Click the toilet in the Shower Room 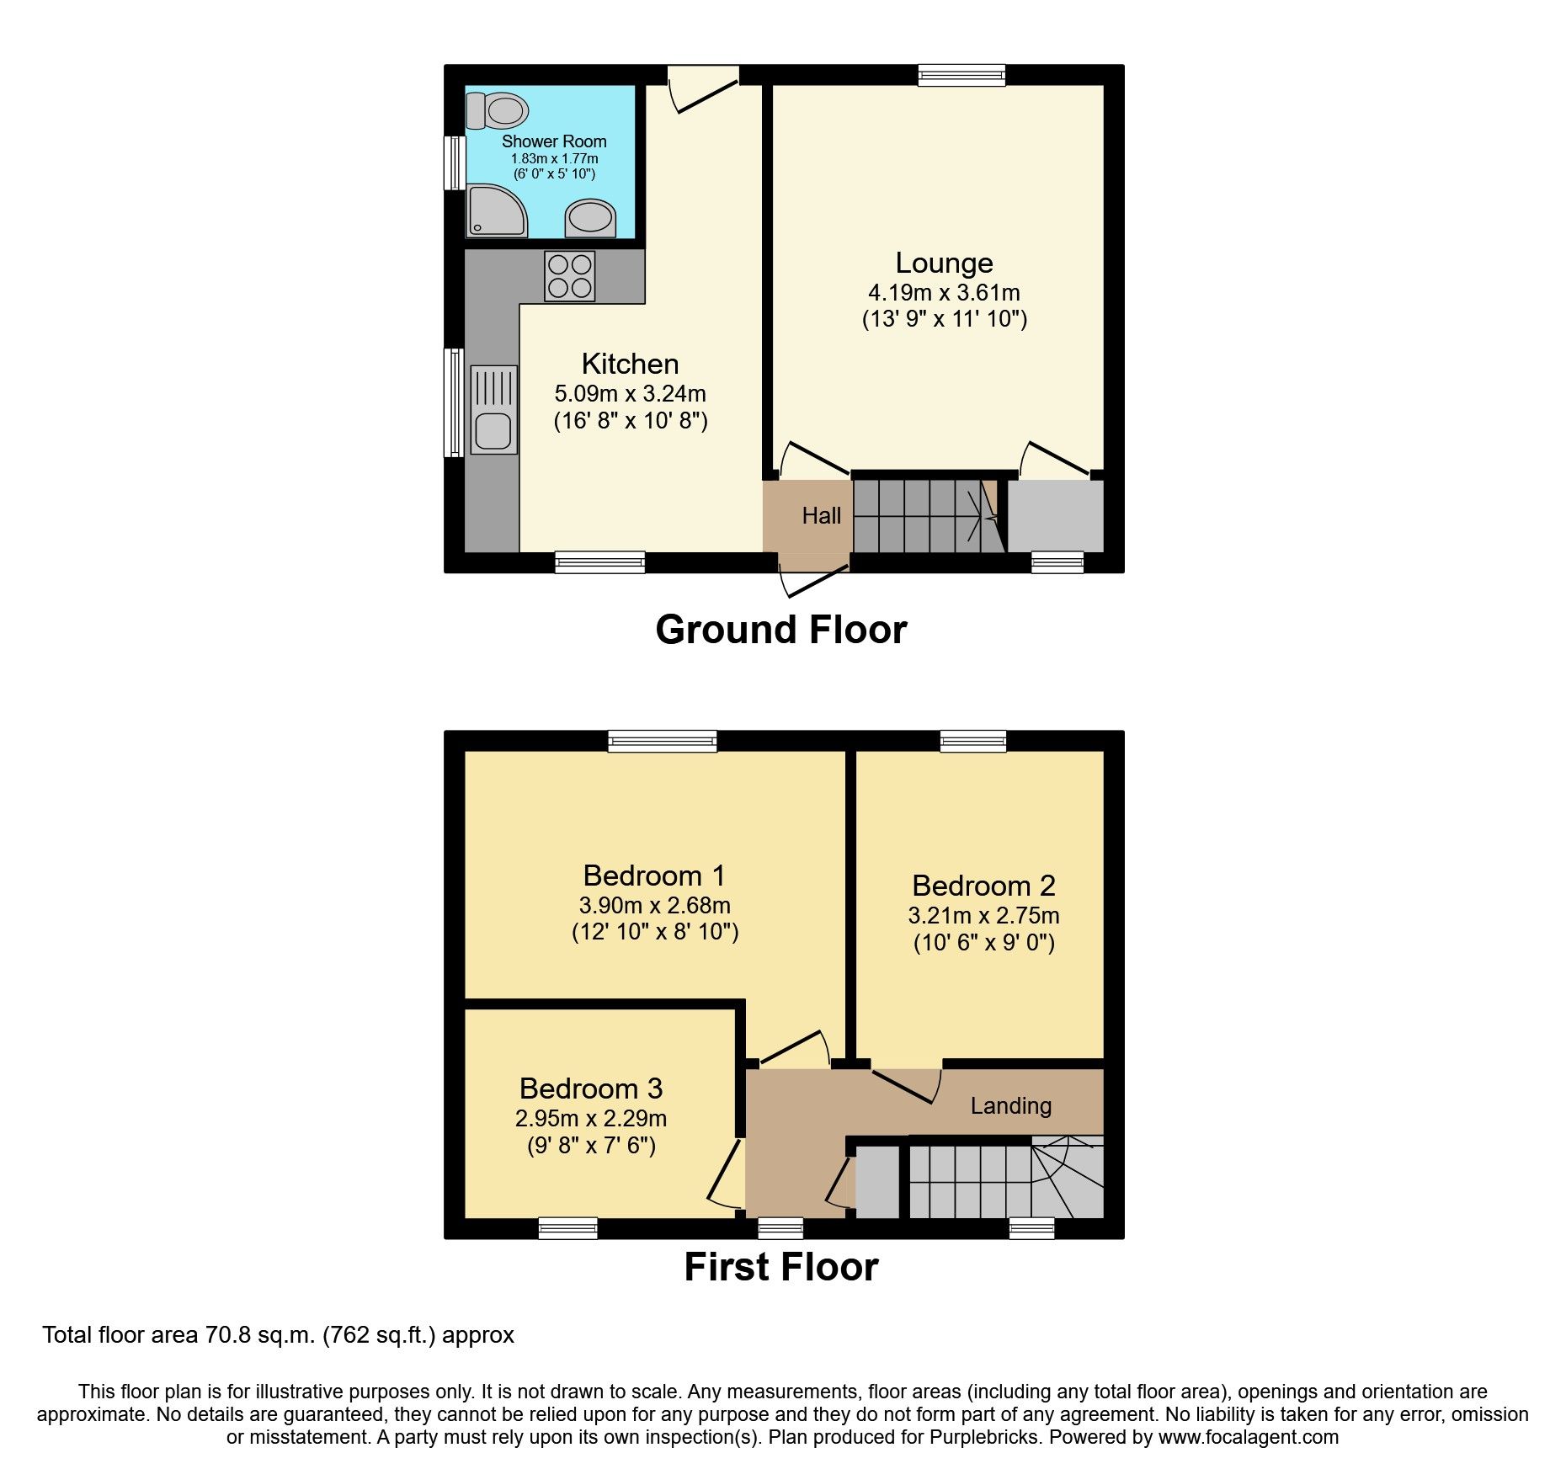[x=498, y=110]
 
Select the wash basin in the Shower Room [x=591, y=217]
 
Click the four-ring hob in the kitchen [x=570, y=276]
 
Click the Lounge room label [x=944, y=263]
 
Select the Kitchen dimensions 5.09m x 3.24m [x=630, y=394]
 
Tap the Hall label [x=821, y=515]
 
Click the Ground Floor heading [x=780, y=630]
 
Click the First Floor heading [x=780, y=1267]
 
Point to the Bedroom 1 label [x=654, y=876]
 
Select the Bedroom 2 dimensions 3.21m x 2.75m [x=983, y=916]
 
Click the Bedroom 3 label [x=591, y=1089]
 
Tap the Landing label [x=1010, y=1106]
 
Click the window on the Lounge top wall [x=961, y=75]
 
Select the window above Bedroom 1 [x=663, y=741]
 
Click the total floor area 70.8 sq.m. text [x=278, y=1336]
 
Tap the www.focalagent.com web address [x=1248, y=1437]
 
